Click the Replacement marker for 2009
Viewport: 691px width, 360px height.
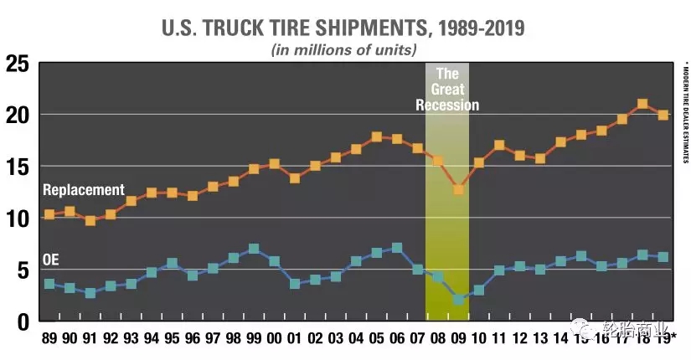coord(458,189)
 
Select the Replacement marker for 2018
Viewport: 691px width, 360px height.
coord(642,105)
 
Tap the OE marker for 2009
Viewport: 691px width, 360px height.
coord(458,299)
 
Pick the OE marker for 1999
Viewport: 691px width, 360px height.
coord(254,249)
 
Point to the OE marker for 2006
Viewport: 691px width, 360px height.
coord(397,248)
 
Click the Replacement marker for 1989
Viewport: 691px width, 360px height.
coord(49,214)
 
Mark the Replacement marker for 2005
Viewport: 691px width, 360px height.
coord(377,136)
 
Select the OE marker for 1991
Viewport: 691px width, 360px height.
coord(90,293)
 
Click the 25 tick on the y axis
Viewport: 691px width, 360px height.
coord(18,64)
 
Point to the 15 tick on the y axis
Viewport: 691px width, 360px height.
coord(18,167)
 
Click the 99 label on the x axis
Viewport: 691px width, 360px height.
coord(254,339)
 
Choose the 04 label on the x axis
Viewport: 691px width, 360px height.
coord(356,339)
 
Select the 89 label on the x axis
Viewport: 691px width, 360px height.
coord(49,339)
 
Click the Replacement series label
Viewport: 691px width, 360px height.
coord(82,190)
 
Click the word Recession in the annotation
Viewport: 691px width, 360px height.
coord(446,105)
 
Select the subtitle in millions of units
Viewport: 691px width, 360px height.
coord(343,49)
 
